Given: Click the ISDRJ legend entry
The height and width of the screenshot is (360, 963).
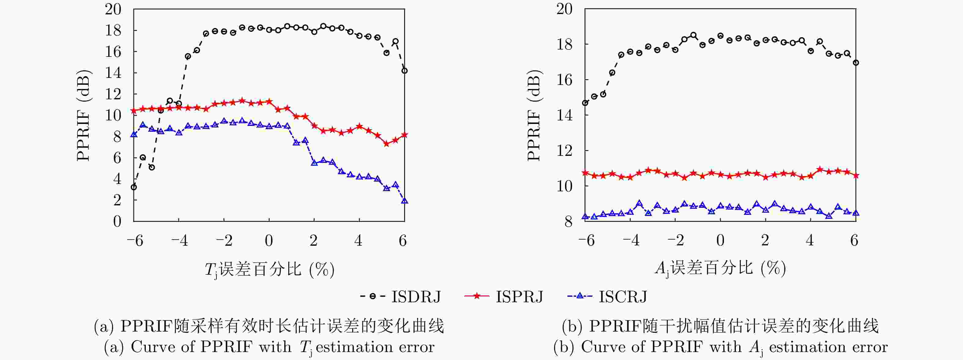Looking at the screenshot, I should tap(400, 296).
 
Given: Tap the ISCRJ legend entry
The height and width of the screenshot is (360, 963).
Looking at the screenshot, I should tap(607, 296).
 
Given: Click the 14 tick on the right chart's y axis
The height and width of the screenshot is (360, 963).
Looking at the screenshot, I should tap(564, 115).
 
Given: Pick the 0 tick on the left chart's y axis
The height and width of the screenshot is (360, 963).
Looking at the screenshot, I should tap(117, 221).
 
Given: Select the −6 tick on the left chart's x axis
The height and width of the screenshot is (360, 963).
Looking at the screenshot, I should tap(135, 241).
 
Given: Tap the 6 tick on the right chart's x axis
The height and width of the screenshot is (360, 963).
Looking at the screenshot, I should tap(854, 241).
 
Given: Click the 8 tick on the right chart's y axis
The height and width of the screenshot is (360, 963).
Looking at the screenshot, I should tap(568, 221).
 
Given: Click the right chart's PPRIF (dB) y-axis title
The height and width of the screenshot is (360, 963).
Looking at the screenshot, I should tap(534, 115).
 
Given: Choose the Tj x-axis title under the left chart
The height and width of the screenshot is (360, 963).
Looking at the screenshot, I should tap(269, 269).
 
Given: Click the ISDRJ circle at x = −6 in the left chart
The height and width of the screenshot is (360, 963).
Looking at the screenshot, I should tap(134, 187).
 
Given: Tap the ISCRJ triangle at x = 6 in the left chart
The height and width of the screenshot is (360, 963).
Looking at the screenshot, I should tap(404, 201).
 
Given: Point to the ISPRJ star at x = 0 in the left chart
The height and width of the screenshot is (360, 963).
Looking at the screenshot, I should tap(269, 101).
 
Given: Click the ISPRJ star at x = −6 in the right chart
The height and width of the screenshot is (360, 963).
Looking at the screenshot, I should tap(585, 173).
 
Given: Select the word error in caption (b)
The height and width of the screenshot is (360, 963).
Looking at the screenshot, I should tap(870, 347).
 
